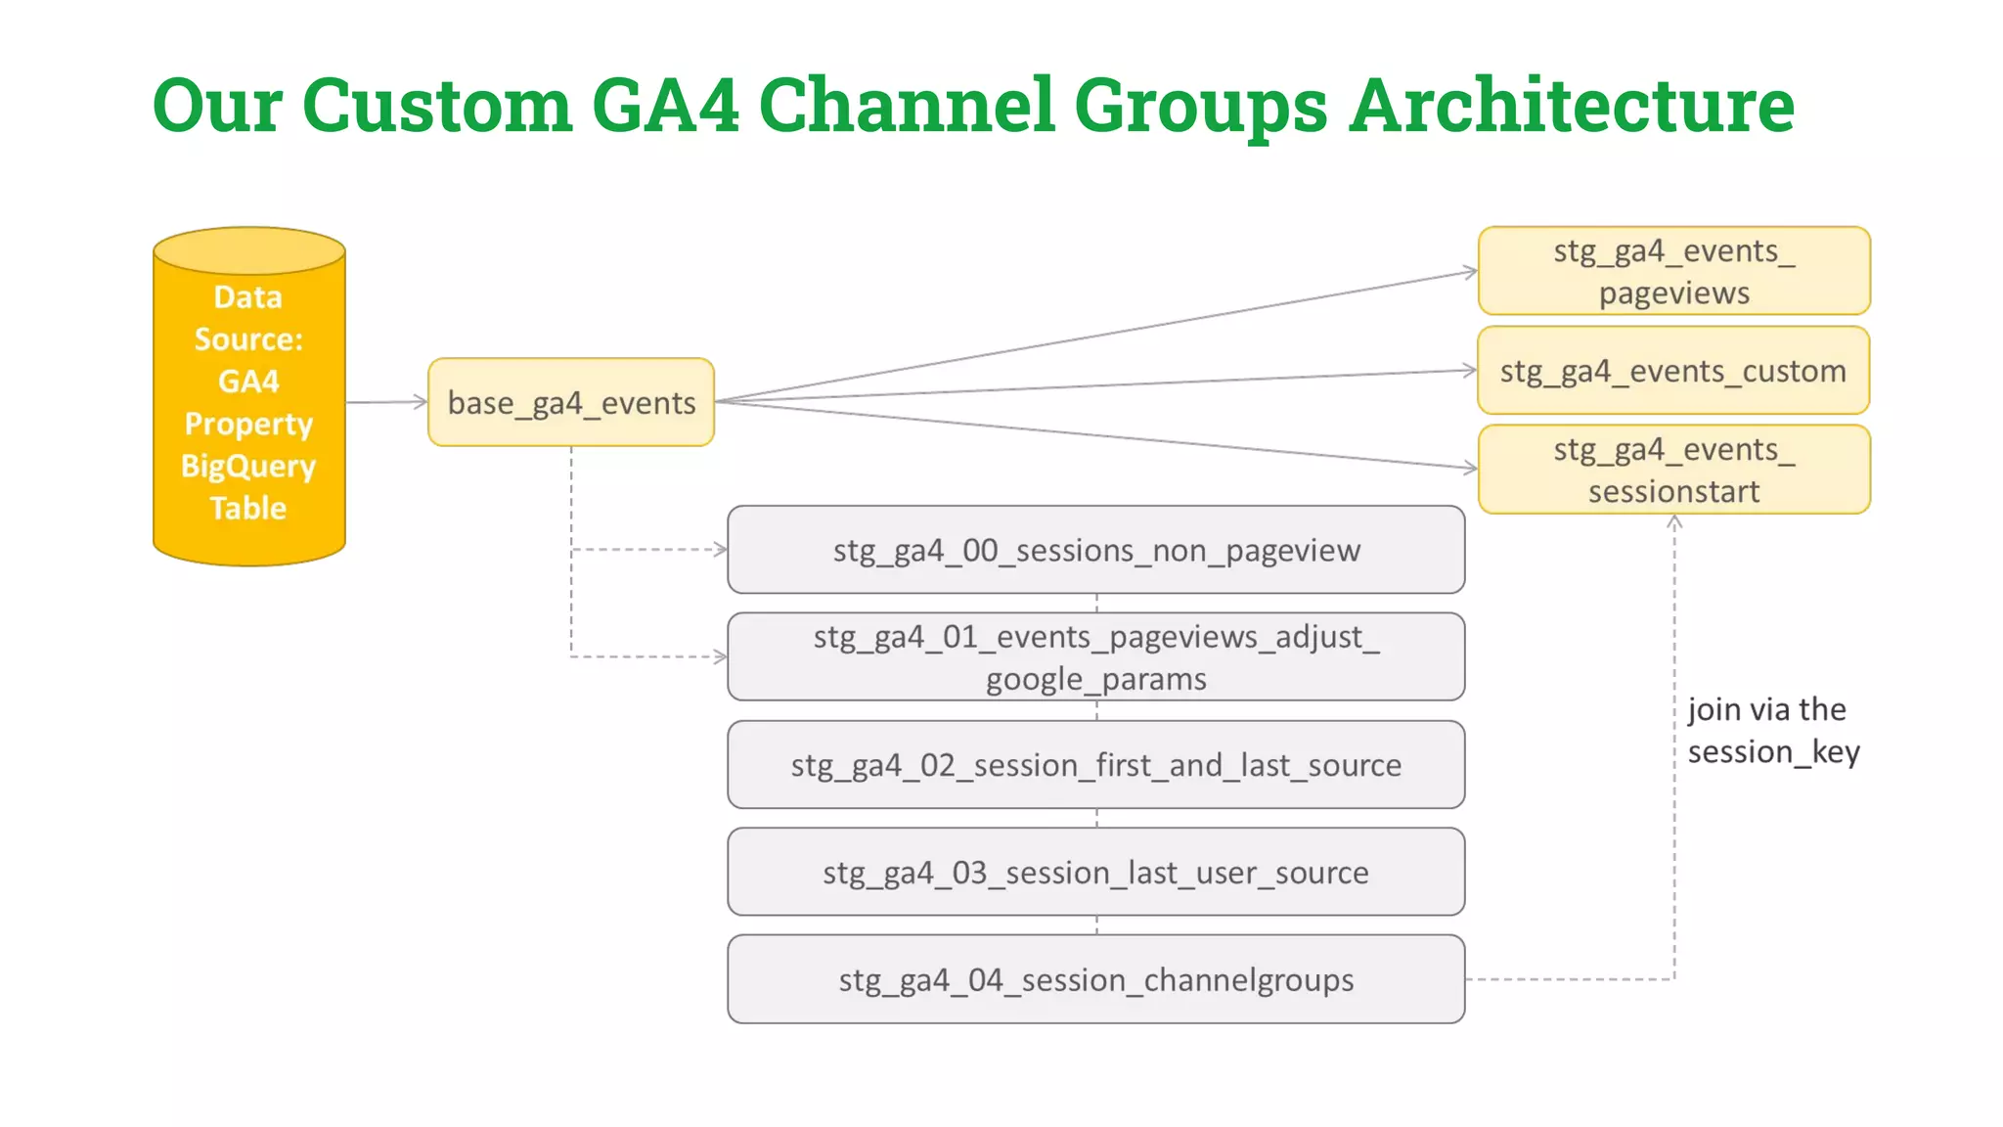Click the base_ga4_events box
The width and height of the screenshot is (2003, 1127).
click(571, 402)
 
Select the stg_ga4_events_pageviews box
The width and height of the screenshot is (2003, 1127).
click(1673, 271)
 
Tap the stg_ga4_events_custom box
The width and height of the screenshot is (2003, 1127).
click(1673, 371)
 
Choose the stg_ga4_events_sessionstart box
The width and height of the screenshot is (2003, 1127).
click(1673, 470)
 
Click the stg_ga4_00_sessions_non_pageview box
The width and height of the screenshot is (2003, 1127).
click(1095, 550)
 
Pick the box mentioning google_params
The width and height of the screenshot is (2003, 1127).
click(1095, 656)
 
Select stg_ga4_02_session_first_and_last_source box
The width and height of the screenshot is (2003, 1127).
click(1095, 765)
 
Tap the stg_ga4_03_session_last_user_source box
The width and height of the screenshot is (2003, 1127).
click(1095, 872)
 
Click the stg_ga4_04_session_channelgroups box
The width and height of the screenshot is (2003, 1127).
click(1095, 979)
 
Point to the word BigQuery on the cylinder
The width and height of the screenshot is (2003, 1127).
click(248, 466)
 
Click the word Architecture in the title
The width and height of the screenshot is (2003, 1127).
click(1572, 106)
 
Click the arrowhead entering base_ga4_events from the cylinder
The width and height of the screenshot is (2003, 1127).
click(422, 401)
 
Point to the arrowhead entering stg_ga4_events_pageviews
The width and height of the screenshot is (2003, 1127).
click(1471, 271)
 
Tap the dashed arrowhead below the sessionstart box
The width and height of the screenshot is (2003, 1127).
click(1674, 522)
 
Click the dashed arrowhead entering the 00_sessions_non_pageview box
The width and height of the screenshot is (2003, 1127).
click(721, 550)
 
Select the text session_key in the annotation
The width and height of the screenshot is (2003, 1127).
click(1773, 752)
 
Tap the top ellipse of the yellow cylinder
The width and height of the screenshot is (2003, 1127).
click(249, 250)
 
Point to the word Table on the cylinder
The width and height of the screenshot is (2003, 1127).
click(248, 508)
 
